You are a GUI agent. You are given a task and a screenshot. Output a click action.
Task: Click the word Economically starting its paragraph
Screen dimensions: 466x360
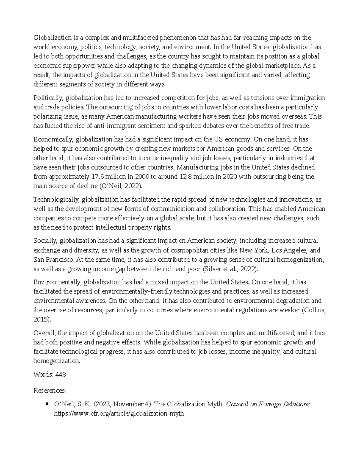(x=52, y=140)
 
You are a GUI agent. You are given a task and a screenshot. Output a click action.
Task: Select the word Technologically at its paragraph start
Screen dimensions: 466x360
(x=56, y=200)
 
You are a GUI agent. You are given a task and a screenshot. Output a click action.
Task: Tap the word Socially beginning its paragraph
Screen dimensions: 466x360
(x=45, y=241)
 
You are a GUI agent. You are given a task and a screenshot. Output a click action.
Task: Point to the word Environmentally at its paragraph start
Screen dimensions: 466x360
(x=57, y=282)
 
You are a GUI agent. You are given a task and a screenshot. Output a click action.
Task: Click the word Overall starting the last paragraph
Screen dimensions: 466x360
(x=44, y=333)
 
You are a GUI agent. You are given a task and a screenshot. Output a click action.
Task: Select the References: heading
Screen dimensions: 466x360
(x=50, y=391)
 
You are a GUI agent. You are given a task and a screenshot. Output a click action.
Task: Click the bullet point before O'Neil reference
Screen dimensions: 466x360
(x=47, y=404)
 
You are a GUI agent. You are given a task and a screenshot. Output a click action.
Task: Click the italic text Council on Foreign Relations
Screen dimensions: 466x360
(x=268, y=404)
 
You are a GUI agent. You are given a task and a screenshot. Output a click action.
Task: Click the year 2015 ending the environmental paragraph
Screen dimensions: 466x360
(x=41, y=320)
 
